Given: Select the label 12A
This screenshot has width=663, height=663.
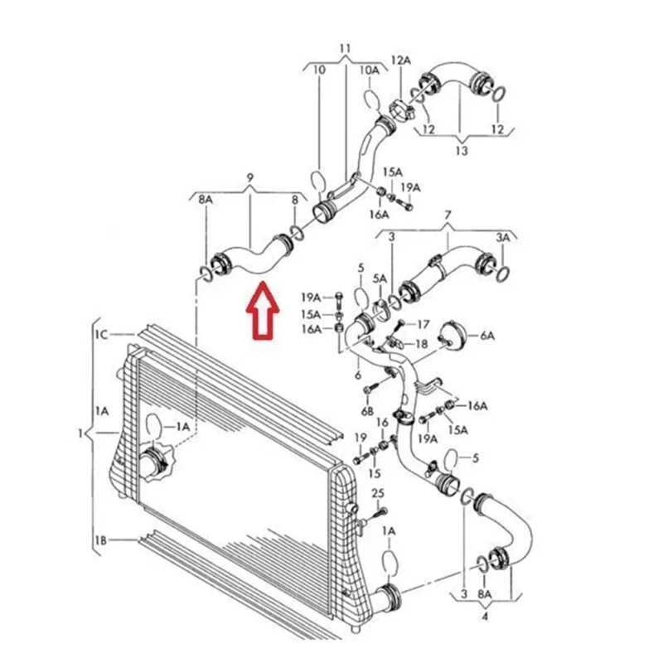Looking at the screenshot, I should pyautogui.click(x=401, y=60).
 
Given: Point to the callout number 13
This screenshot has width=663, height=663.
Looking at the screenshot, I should pyautogui.click(x=462, y=152).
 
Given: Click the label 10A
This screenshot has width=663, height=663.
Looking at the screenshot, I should pyautogui.click(x=369, y=70).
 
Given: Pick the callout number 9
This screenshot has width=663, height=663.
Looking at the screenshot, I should pyautogui.click(x=250, y=177).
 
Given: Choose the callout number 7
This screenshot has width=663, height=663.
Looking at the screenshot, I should pyautogui.click(x=448, y=215).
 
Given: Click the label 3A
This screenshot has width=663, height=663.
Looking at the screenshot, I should pyautogui.click(x=503, y=237).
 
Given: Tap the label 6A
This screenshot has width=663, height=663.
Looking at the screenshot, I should pyautogui.click(x=486, y=335).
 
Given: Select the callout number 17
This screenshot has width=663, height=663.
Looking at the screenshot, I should pyautogui.click(x=423, y=323).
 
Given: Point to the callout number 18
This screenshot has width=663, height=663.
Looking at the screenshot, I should pyautogui.click(x=422, y=343).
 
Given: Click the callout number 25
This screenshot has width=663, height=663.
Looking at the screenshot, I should pyautogui.click(x=378, y=494).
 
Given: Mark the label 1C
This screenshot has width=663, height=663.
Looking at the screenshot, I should pyautogui.click(x=100, y=335).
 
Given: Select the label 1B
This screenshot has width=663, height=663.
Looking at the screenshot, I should pyautogui.click(x=100, y=540).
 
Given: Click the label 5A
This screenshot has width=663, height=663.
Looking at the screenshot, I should pyautogui.click(x=380, y=278).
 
